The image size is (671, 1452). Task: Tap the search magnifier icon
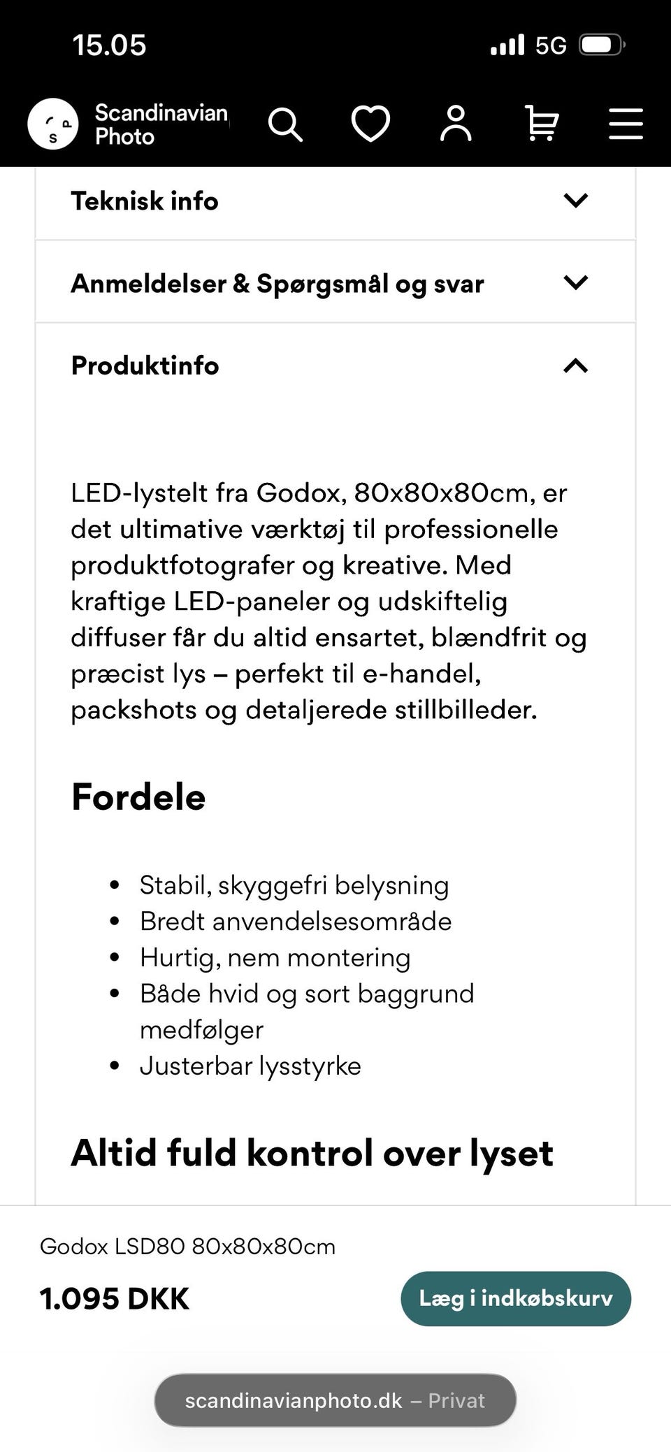[x=285, y=124]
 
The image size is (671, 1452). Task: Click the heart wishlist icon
[x=370, y=124]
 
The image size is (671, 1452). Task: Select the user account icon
[x=456, y=124]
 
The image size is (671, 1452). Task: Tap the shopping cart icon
[x=541, y=124]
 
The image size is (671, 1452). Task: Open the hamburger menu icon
[x=626, y=124]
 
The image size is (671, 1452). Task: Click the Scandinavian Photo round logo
[x=53, y=124]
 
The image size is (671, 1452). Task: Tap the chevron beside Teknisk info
[x=575, y=201]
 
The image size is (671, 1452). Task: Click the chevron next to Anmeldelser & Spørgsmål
[x=575, y=283]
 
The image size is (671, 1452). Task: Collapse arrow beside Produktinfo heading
[x=575, y=365]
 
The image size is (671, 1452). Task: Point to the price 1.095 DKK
[x=115, y=1299]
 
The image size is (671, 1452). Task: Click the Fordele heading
[x=138, y=797]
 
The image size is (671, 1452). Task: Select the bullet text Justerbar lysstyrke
[x=250, y=1066]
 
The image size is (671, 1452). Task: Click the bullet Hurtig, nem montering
[x=275, y=957]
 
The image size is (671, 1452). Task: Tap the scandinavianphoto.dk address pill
[x=335, y=1400]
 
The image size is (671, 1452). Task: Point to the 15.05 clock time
[x=109, y=45]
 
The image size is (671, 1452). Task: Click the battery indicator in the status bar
[x=602, y=45]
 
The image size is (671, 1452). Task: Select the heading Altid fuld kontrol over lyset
[x=312, y=1153]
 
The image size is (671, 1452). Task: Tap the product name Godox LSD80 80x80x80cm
[x=187, y=1247]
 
